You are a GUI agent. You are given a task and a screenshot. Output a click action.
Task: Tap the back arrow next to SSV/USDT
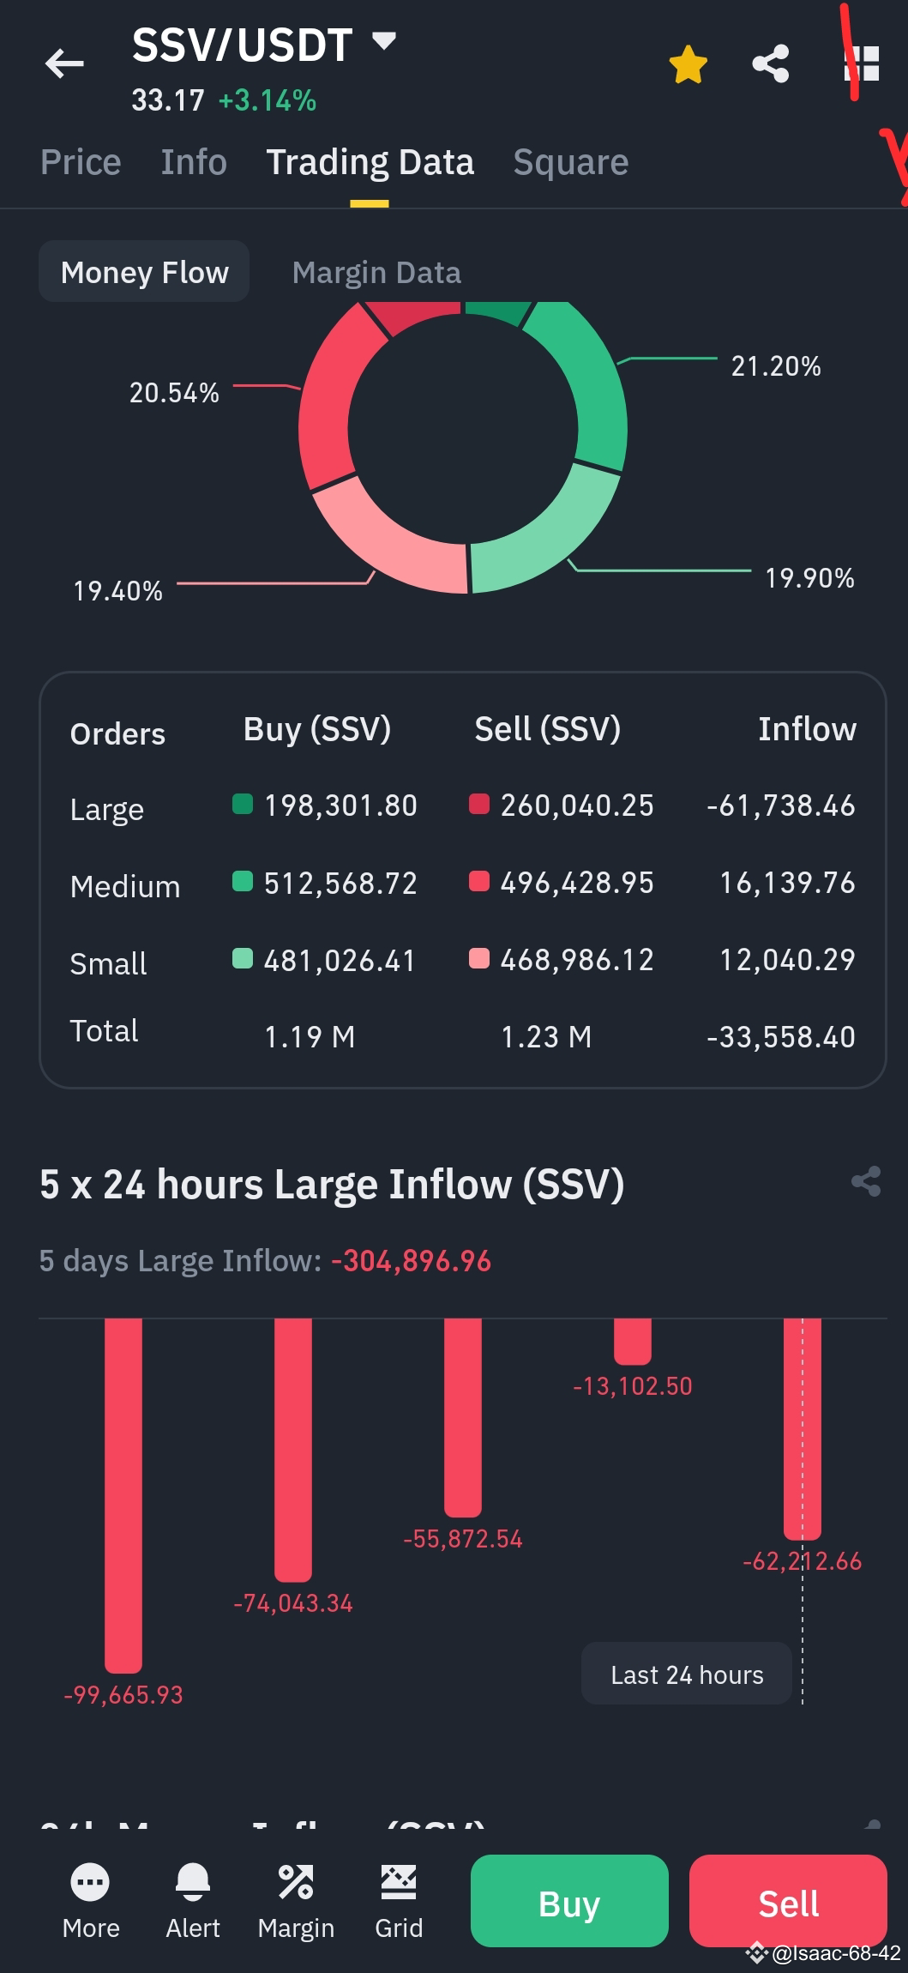(x=64, y=63)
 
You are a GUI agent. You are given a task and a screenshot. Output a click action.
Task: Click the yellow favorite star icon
(x=688, y=65)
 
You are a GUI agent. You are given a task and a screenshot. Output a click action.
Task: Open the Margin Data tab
(x=376, y=273)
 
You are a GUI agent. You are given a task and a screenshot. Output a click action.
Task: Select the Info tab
(x=194, y=162)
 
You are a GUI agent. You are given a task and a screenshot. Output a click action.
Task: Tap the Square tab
(x=570, y=162)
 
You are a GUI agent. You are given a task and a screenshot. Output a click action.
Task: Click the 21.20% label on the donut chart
(x=775, y=366)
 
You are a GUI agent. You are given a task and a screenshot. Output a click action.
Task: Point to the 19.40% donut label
(x=117, y=591)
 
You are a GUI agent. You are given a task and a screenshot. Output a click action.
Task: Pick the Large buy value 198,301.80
(x=340, y=805)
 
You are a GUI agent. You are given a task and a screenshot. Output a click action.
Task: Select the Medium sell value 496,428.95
(x=577, y=883)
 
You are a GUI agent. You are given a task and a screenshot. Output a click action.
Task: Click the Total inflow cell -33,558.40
(x=780, y=1037)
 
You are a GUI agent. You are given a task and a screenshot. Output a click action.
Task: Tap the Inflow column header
(x=806, y=729)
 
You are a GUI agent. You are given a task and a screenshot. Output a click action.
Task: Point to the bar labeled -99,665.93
(x=123, y=1493)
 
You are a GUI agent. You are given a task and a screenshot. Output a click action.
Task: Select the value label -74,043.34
(x=293, y=1603)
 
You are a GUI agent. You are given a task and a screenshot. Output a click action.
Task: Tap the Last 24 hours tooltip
(x=686, y=1674)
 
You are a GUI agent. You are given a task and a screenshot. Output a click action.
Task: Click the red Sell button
(x=787, y=1903)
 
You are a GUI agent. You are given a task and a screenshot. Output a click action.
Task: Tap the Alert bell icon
(x=193, y=1882)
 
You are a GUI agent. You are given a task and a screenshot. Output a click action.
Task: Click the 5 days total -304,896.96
(x=411, y=1261)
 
